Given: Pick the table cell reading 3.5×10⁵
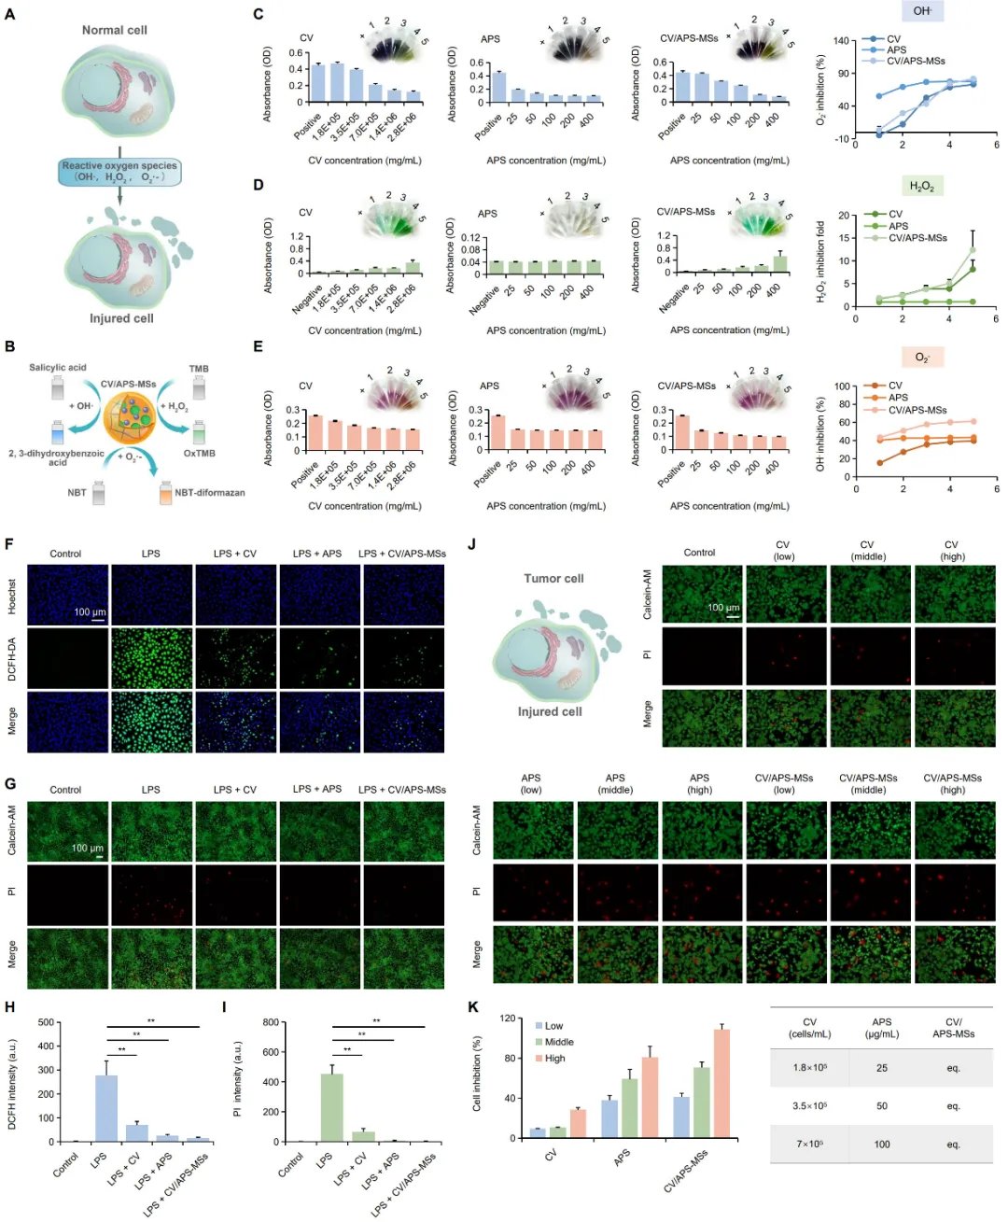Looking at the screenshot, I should click(809, 1106).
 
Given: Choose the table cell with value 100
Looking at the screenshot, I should click(882, 1145).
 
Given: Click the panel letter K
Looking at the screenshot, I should click(472, 1008).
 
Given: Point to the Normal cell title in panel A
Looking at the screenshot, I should click(115, 30).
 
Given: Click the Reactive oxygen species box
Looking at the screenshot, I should click(119, 172).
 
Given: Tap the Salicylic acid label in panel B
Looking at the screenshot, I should click(58, 368).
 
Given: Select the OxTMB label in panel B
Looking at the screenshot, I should click(200, 454).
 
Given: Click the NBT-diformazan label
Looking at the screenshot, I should click(209, 493).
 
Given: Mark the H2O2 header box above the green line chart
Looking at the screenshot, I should click(921, 187).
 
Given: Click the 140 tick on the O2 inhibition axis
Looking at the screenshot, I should click(842, 41).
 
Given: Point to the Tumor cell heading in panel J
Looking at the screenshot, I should click(553, 579).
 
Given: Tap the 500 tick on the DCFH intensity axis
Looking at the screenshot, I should click(46, 1022).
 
